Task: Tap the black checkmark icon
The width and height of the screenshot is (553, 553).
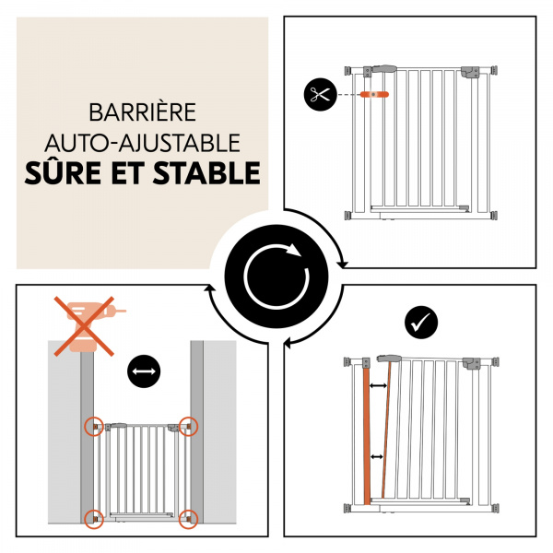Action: pyautogui.click(x=421, y=322)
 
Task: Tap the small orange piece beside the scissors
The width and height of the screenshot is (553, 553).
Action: pyautogui.click(x=376, y=94)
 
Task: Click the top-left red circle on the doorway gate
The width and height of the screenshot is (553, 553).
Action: pyautogui.click(x=93, y=426)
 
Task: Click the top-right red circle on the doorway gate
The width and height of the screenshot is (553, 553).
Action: pyautogui.click(x=188, y=426)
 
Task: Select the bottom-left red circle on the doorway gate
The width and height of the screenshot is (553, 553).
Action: pyautogui.click(x=93, y=517)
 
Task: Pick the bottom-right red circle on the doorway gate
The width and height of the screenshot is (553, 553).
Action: pyautogui.click(x=188, y=517)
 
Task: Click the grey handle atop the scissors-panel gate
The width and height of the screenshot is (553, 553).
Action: pyautogui.click(x=382, y=69)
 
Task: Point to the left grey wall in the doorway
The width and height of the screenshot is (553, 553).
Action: pyautogui.click(x=86, y=387)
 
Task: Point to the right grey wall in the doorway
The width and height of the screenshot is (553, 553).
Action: pyautogui.click(x=196, y=387)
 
